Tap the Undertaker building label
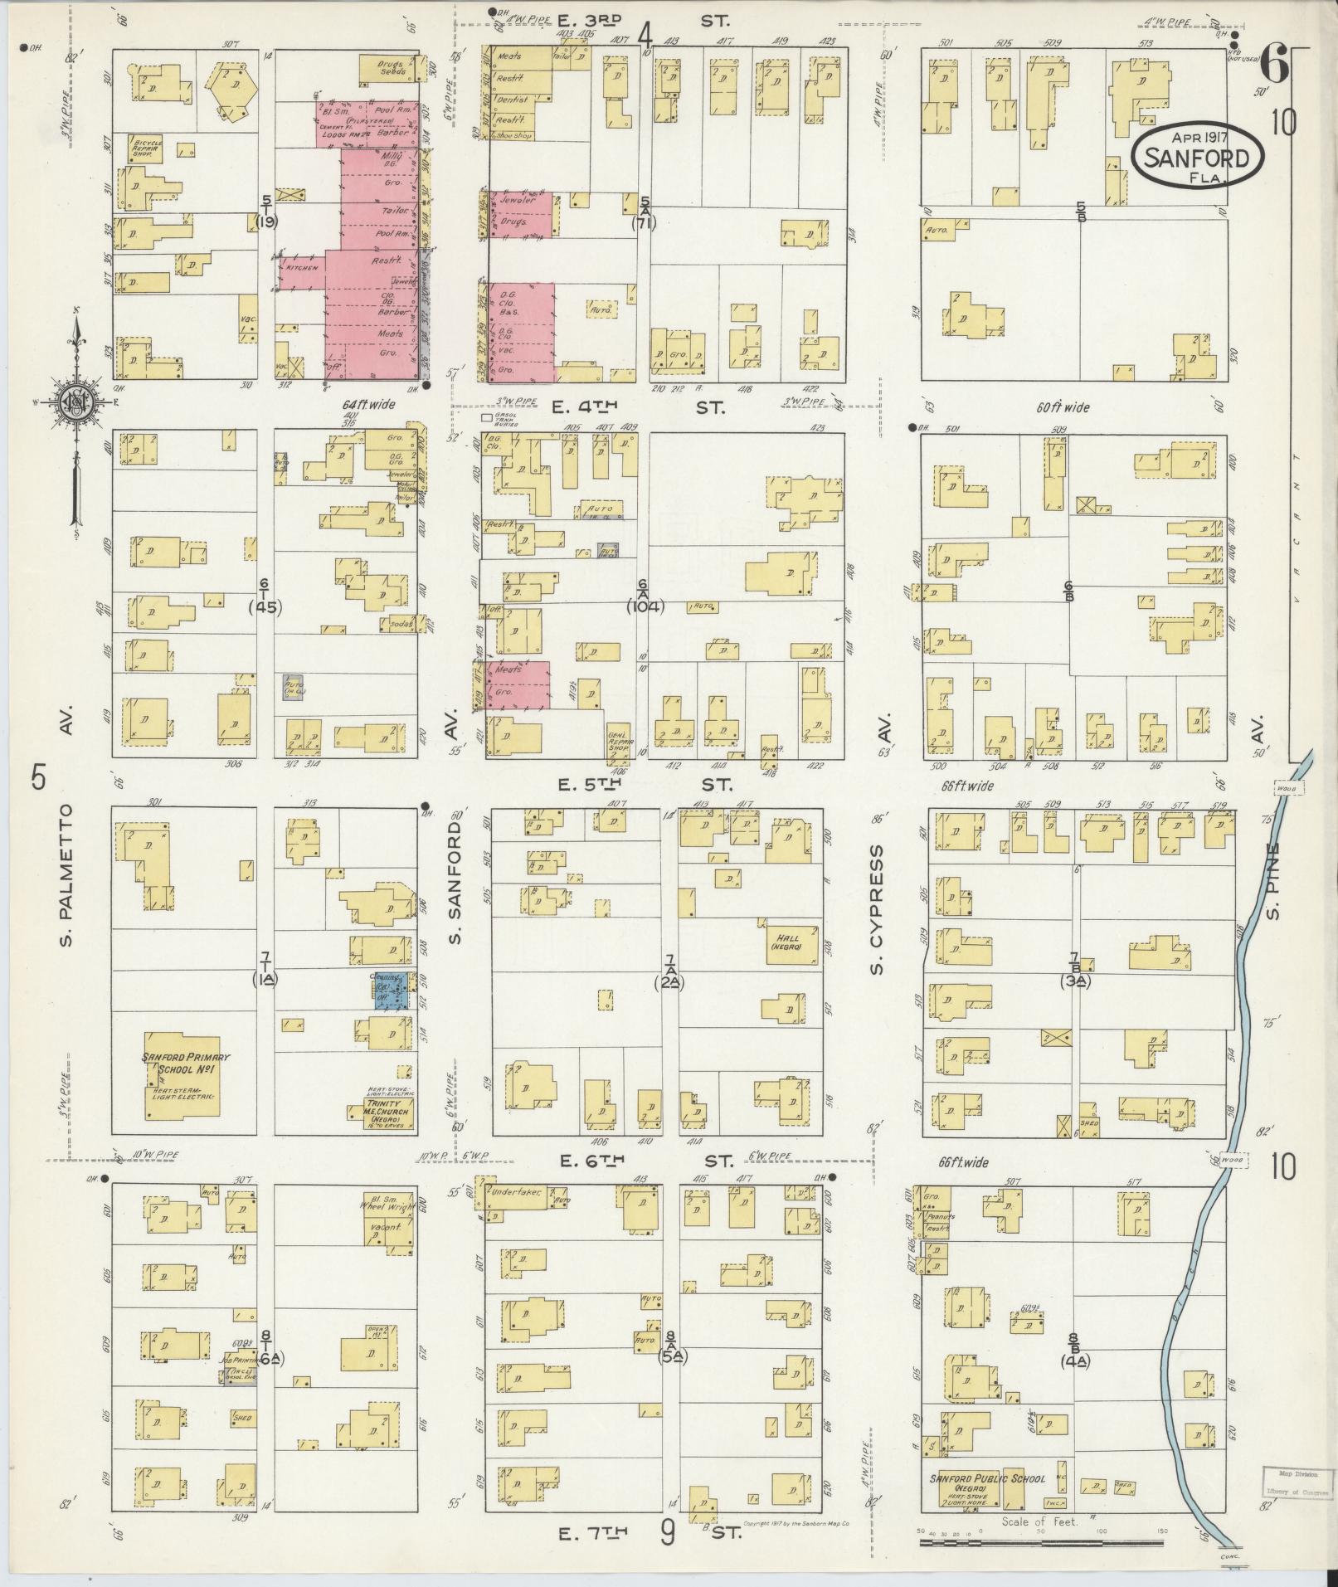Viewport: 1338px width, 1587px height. (x=516, y=1192)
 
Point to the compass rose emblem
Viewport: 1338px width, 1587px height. (x=77, y=404)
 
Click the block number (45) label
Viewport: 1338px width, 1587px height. (x=265, y=606)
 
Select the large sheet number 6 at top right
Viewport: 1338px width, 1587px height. (x=1276, y=65)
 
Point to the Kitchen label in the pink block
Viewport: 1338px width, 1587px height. (x=297, y=270)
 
